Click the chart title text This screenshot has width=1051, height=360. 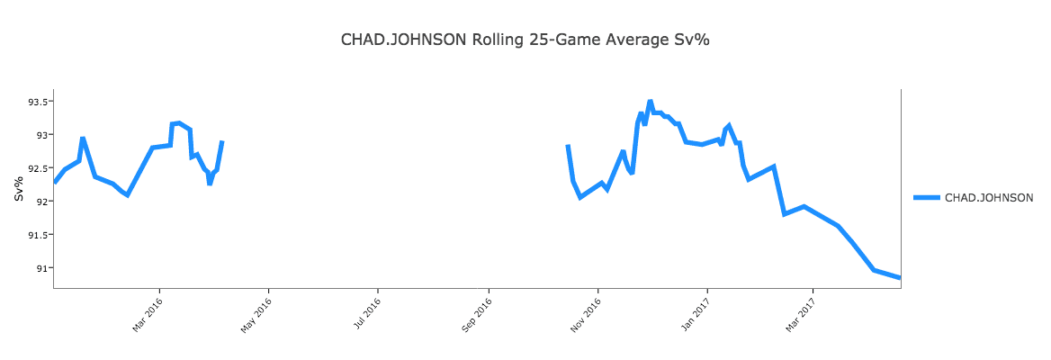point(525,40)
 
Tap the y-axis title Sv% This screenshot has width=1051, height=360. point(19,188)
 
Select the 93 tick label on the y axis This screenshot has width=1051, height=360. point(40,135)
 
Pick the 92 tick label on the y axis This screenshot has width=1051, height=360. point(40,202)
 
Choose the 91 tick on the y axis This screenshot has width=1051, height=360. point(40,268)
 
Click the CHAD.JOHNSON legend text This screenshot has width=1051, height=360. point(988,197)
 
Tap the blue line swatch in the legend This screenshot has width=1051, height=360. point(927,197)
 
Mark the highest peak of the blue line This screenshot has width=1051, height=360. point(650,102)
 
